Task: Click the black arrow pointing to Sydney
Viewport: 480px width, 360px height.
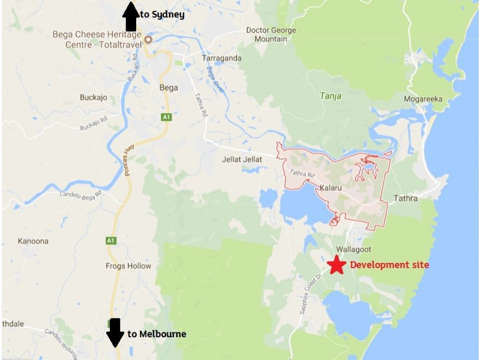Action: [130, 16]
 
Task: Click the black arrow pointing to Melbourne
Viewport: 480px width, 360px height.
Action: [115, 332]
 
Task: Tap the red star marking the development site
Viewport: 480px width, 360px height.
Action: [337, 265]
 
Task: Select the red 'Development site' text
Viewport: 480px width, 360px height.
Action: [389, 265]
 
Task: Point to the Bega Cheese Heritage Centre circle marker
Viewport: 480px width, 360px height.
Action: [148, 40]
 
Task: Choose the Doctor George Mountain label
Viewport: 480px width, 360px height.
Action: [271, 35]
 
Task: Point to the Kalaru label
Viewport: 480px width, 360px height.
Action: [331, 188]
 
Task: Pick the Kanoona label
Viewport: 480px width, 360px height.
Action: [32, 241]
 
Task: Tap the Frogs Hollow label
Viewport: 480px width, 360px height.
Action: [128, 266]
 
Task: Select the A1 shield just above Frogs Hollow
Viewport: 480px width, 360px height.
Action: [110, 241]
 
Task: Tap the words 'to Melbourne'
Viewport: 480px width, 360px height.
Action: [157, 334]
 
